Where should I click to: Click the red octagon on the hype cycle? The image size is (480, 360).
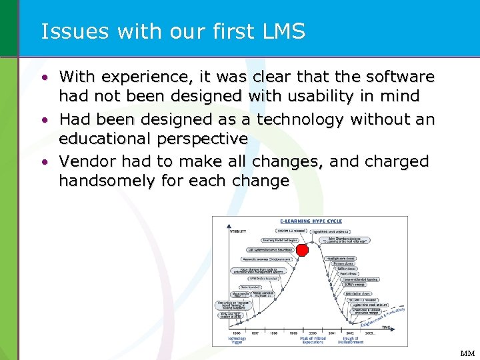(x=302, y=250)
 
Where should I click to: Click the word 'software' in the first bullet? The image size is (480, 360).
(x=396, y=77)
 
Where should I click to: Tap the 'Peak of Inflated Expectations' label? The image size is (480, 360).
(x=312, y=340)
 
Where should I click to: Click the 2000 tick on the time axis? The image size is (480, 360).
(x=313, y=331)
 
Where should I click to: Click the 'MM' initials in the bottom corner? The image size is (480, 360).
(x=466, y=353)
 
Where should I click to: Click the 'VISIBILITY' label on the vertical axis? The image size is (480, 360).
(x=238, y=231)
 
